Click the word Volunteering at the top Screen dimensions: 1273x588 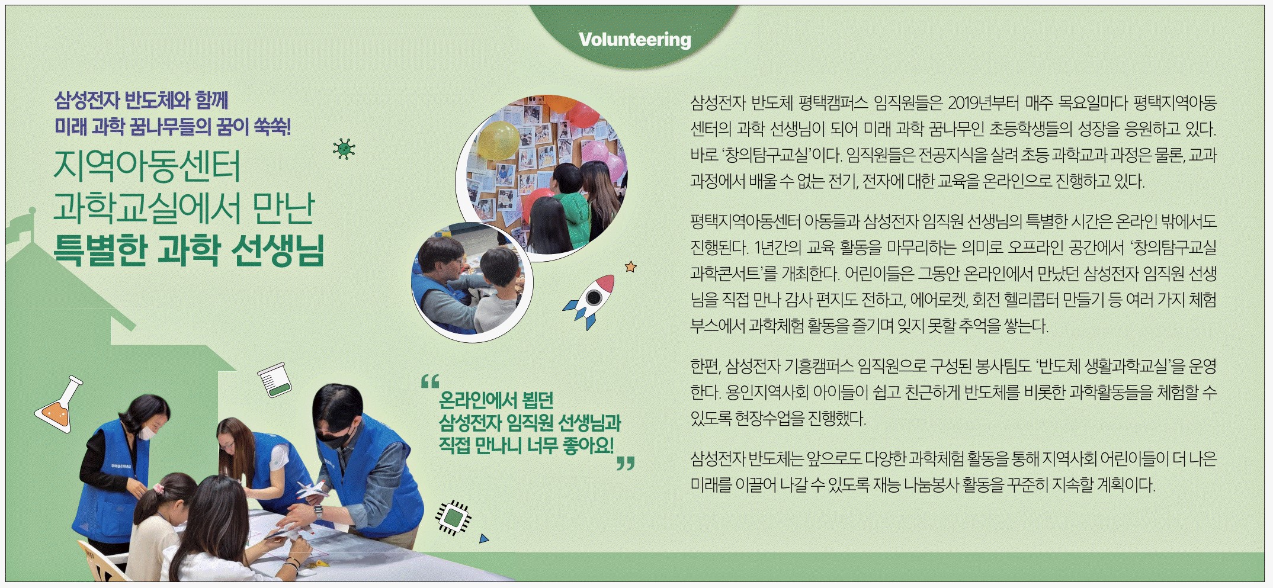pyautogui.click(x=634, y=40)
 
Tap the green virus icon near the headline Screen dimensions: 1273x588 pyautogui.click(x=344, y=149)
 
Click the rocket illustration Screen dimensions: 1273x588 pyautogui.click(x=589, y=300)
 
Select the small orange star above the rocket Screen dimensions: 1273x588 pyautogui.click(x=631, y=267)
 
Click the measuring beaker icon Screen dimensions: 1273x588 pyautogui.click(x=274, y=380)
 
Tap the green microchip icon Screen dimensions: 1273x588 pyautogui.click(x=454, y=517)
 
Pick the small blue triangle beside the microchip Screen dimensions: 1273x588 pyautogui.click(x=484, y=539)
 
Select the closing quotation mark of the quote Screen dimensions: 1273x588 pyautogui.click(x=626, y=463)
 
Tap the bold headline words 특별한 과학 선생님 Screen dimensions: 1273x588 pyautogui.click(x=189, y=250)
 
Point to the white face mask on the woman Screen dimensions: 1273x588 pyautogui.click(x=147, y=432)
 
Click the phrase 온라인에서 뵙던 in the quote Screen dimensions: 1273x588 pyautogui.click(x=496, y=400)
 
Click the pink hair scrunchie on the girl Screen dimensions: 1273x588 pyautogui.click(x=158, y=489)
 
